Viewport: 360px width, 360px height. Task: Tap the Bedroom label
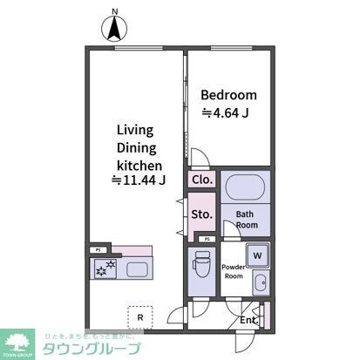[228, 95]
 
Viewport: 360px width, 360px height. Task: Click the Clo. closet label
[202, 180]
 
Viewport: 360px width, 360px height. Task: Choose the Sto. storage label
[201, 214]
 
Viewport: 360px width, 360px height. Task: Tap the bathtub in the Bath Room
[244, 189]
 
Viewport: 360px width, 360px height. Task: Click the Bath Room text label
[244, 218]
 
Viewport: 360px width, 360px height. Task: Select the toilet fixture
[201, 264]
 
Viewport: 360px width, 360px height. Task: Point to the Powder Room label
[233, 270]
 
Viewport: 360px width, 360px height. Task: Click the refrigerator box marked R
[139, 315]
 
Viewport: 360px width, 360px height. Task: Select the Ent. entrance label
[249, 320]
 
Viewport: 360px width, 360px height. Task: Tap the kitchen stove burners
[105, 268]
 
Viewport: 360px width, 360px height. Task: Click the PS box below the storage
[207, 238]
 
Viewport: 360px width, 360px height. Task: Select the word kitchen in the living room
[137, 163]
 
